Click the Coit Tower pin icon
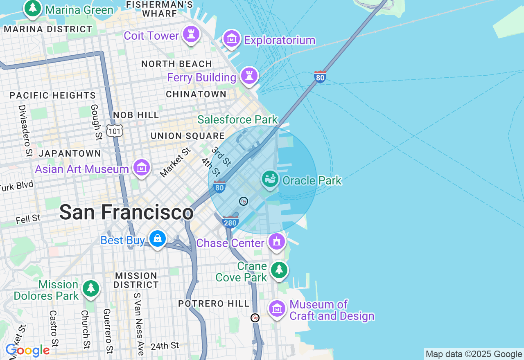(191, 34)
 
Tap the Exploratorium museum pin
(232, 39)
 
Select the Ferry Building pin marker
(249, 76)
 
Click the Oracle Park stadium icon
(270, 179)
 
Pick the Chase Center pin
(277, 242)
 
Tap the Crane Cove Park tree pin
(279, 270)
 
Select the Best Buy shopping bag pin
(157, 239)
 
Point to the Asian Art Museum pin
(142, 168)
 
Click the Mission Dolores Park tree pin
(91, 289)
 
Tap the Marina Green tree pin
(32, 8)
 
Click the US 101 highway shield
(114, 131)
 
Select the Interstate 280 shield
(230, 222)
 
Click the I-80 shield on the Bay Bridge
(320, 76)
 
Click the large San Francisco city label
(126, 212)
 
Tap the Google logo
(27, 351)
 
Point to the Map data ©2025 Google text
(474, 354)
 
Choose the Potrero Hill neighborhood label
(213, 304)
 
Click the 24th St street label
(165, 346)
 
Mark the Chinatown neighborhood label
(196, 94)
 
